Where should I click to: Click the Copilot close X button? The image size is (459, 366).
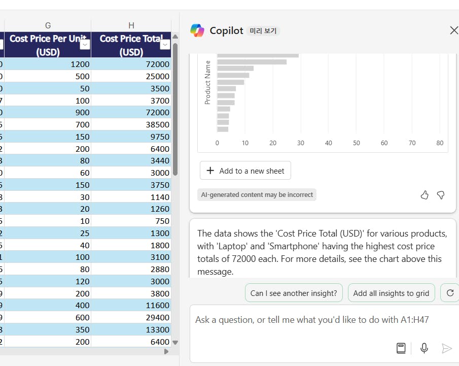point(453,30)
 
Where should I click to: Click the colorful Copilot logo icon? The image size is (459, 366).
point(197,30)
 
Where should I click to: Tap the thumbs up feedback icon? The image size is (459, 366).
point(425,195)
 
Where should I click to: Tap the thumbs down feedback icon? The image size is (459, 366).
point(440,195)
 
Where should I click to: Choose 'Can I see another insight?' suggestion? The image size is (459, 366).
point(294,293)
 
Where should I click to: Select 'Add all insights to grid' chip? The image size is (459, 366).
point(391,293)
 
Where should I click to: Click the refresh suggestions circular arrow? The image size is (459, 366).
point(450,293)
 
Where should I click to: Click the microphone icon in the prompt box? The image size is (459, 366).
point(425,348)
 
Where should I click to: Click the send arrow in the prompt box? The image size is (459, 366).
point(446,348)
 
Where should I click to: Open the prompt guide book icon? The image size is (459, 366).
point(401,348)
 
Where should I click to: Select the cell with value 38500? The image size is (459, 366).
point(132,124)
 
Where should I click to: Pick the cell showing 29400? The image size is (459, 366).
point(132,318)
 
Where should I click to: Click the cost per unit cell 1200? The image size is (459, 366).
point(48,64)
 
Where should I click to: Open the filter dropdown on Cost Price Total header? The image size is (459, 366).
point(165,45)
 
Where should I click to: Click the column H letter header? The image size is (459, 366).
point(131,25)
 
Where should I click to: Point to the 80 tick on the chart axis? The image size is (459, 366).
point(440,143)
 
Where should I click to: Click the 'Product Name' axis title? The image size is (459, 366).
point(207,82)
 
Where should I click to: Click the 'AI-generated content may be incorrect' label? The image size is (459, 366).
point(257,195)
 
